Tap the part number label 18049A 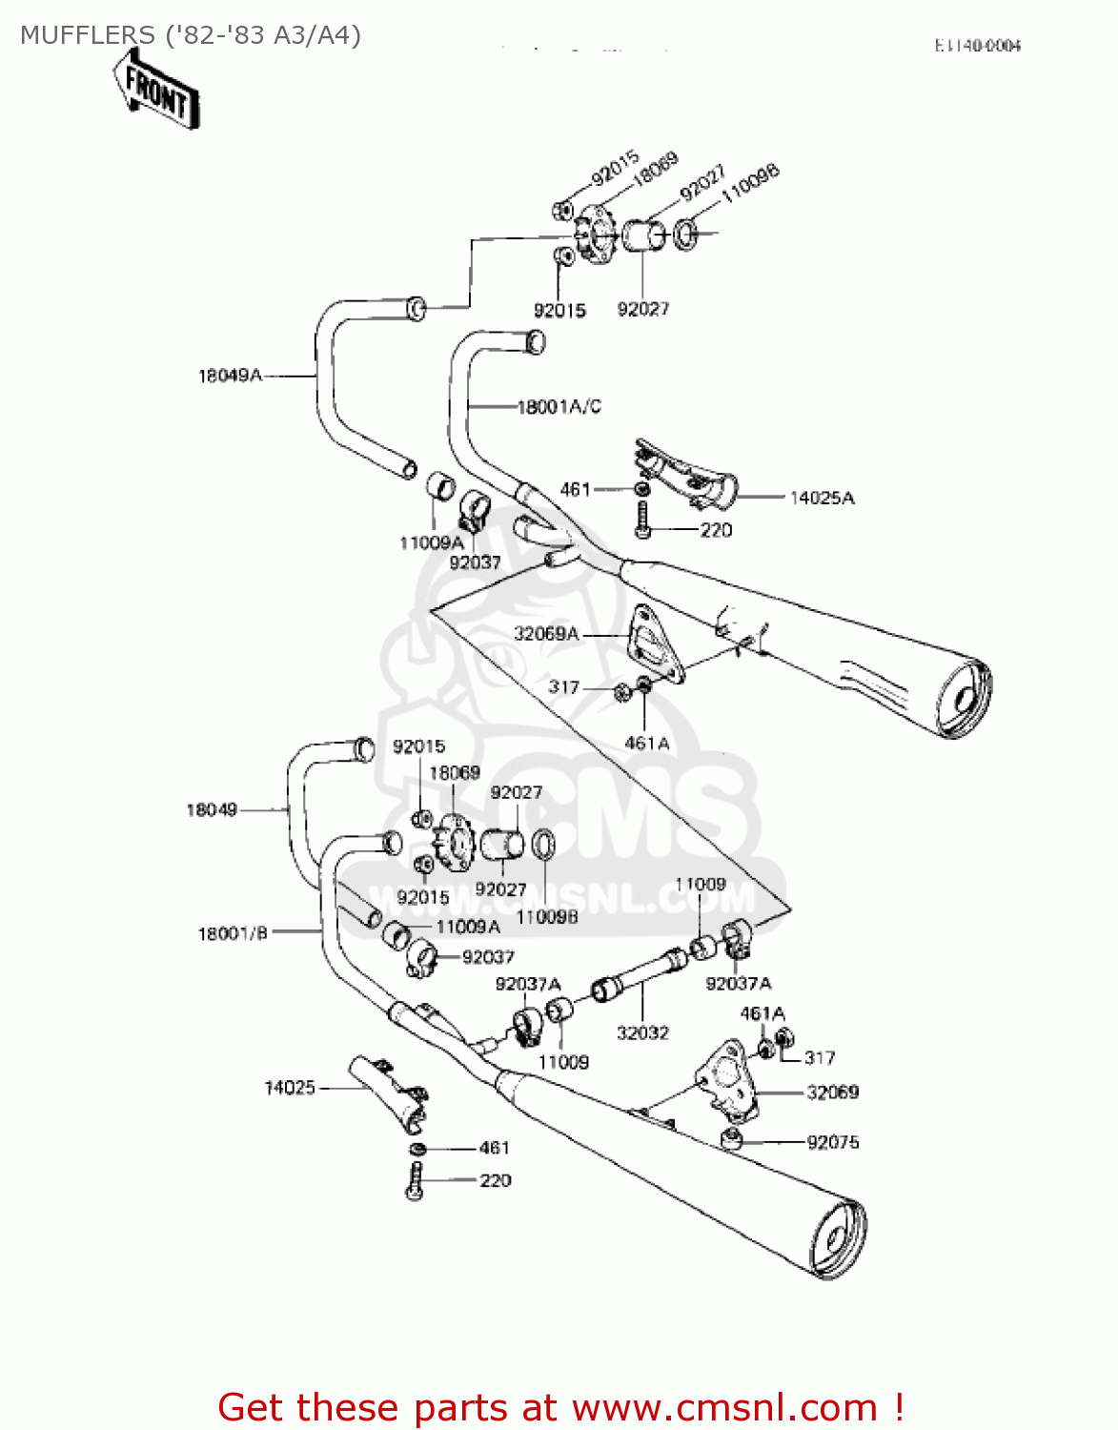230,376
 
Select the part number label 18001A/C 559,407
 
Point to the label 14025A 823,498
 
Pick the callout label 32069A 546,634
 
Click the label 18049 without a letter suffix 212,810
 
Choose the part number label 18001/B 233,933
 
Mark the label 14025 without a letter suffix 289,1088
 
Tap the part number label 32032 642,1033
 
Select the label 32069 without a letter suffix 833,1093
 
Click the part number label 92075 833,1142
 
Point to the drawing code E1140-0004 977,46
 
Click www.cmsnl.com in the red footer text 723,1407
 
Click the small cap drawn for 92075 732,1138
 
